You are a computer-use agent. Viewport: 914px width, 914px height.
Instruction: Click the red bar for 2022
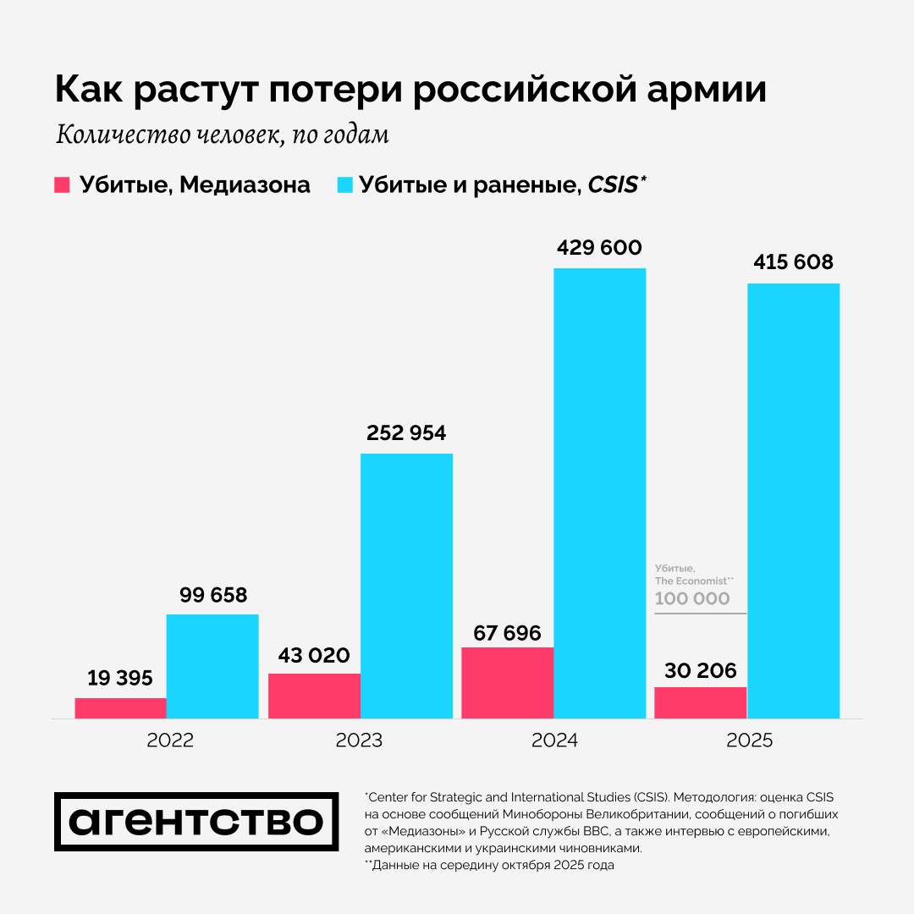tap(120, 708)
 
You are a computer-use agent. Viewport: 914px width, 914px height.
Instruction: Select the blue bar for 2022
tap(212, 666)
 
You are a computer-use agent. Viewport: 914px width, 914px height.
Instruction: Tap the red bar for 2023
tap(314, 696)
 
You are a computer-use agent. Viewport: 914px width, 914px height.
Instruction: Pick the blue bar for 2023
tap(406, 586)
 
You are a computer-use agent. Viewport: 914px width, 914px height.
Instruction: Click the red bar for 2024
tap(508, 683)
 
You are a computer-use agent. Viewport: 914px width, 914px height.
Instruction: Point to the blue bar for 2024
tap(599, 493)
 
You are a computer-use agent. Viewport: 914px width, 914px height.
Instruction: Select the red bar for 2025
tap(701, 702)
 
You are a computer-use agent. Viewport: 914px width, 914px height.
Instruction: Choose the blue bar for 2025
tap(794, 501)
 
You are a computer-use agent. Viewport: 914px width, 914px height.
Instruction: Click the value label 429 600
tap(599, 248)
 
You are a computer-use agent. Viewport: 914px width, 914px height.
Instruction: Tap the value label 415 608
tap(794, 262)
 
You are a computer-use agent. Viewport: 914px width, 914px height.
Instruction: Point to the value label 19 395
tap(120, 678)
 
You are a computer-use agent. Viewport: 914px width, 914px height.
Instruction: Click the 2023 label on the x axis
tap(359, 741)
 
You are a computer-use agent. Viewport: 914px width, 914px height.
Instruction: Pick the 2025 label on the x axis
tap(750, 741)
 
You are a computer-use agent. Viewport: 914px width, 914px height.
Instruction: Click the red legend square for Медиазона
tap(62, 184)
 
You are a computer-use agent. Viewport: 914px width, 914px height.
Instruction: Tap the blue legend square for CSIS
tap(344, 184)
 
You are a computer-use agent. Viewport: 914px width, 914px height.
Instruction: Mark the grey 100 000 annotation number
tap(692, 598)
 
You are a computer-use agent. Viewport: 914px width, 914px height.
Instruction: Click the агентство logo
tap(196, 822)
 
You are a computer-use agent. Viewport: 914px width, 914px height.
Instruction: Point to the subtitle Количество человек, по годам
tap(222, 135)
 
